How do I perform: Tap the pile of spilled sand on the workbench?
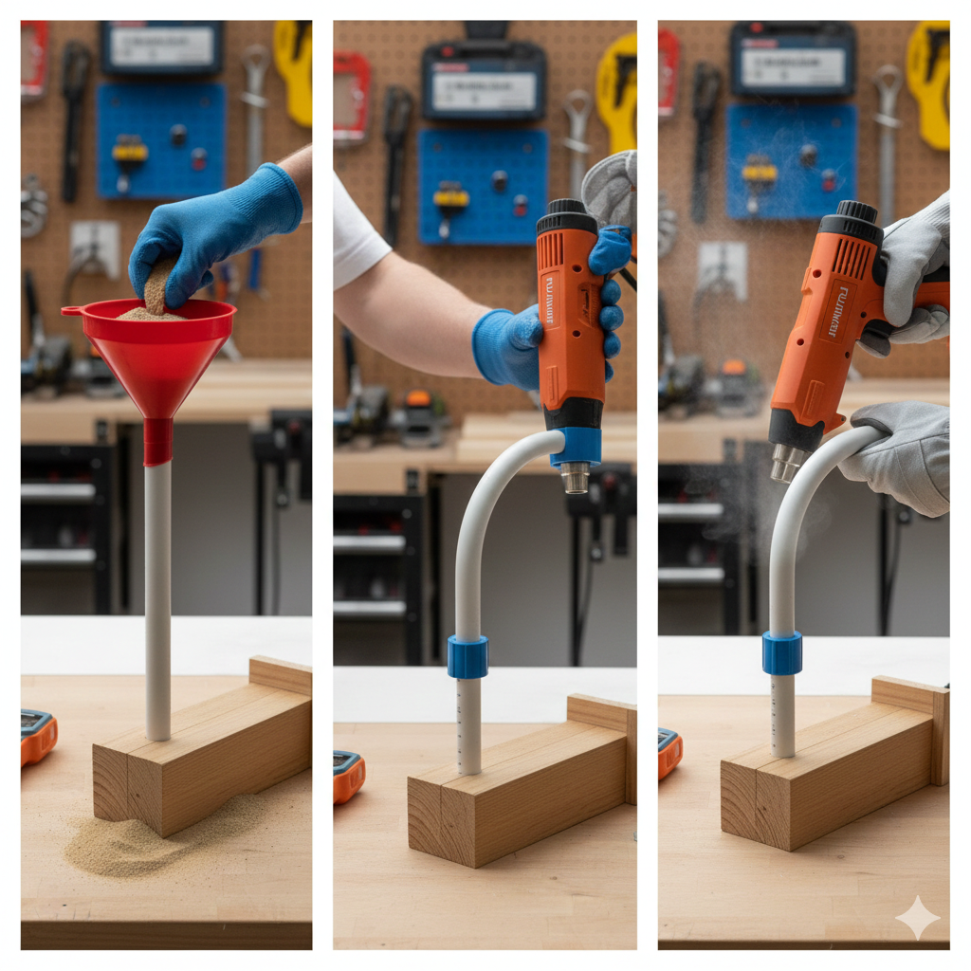(142, 839)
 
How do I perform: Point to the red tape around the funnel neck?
(157, 442)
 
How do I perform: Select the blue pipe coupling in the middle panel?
(467, 656)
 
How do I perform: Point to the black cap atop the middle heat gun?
(567, 216)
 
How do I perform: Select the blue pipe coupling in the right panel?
(781, 652)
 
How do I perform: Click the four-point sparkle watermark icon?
(918, 917)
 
